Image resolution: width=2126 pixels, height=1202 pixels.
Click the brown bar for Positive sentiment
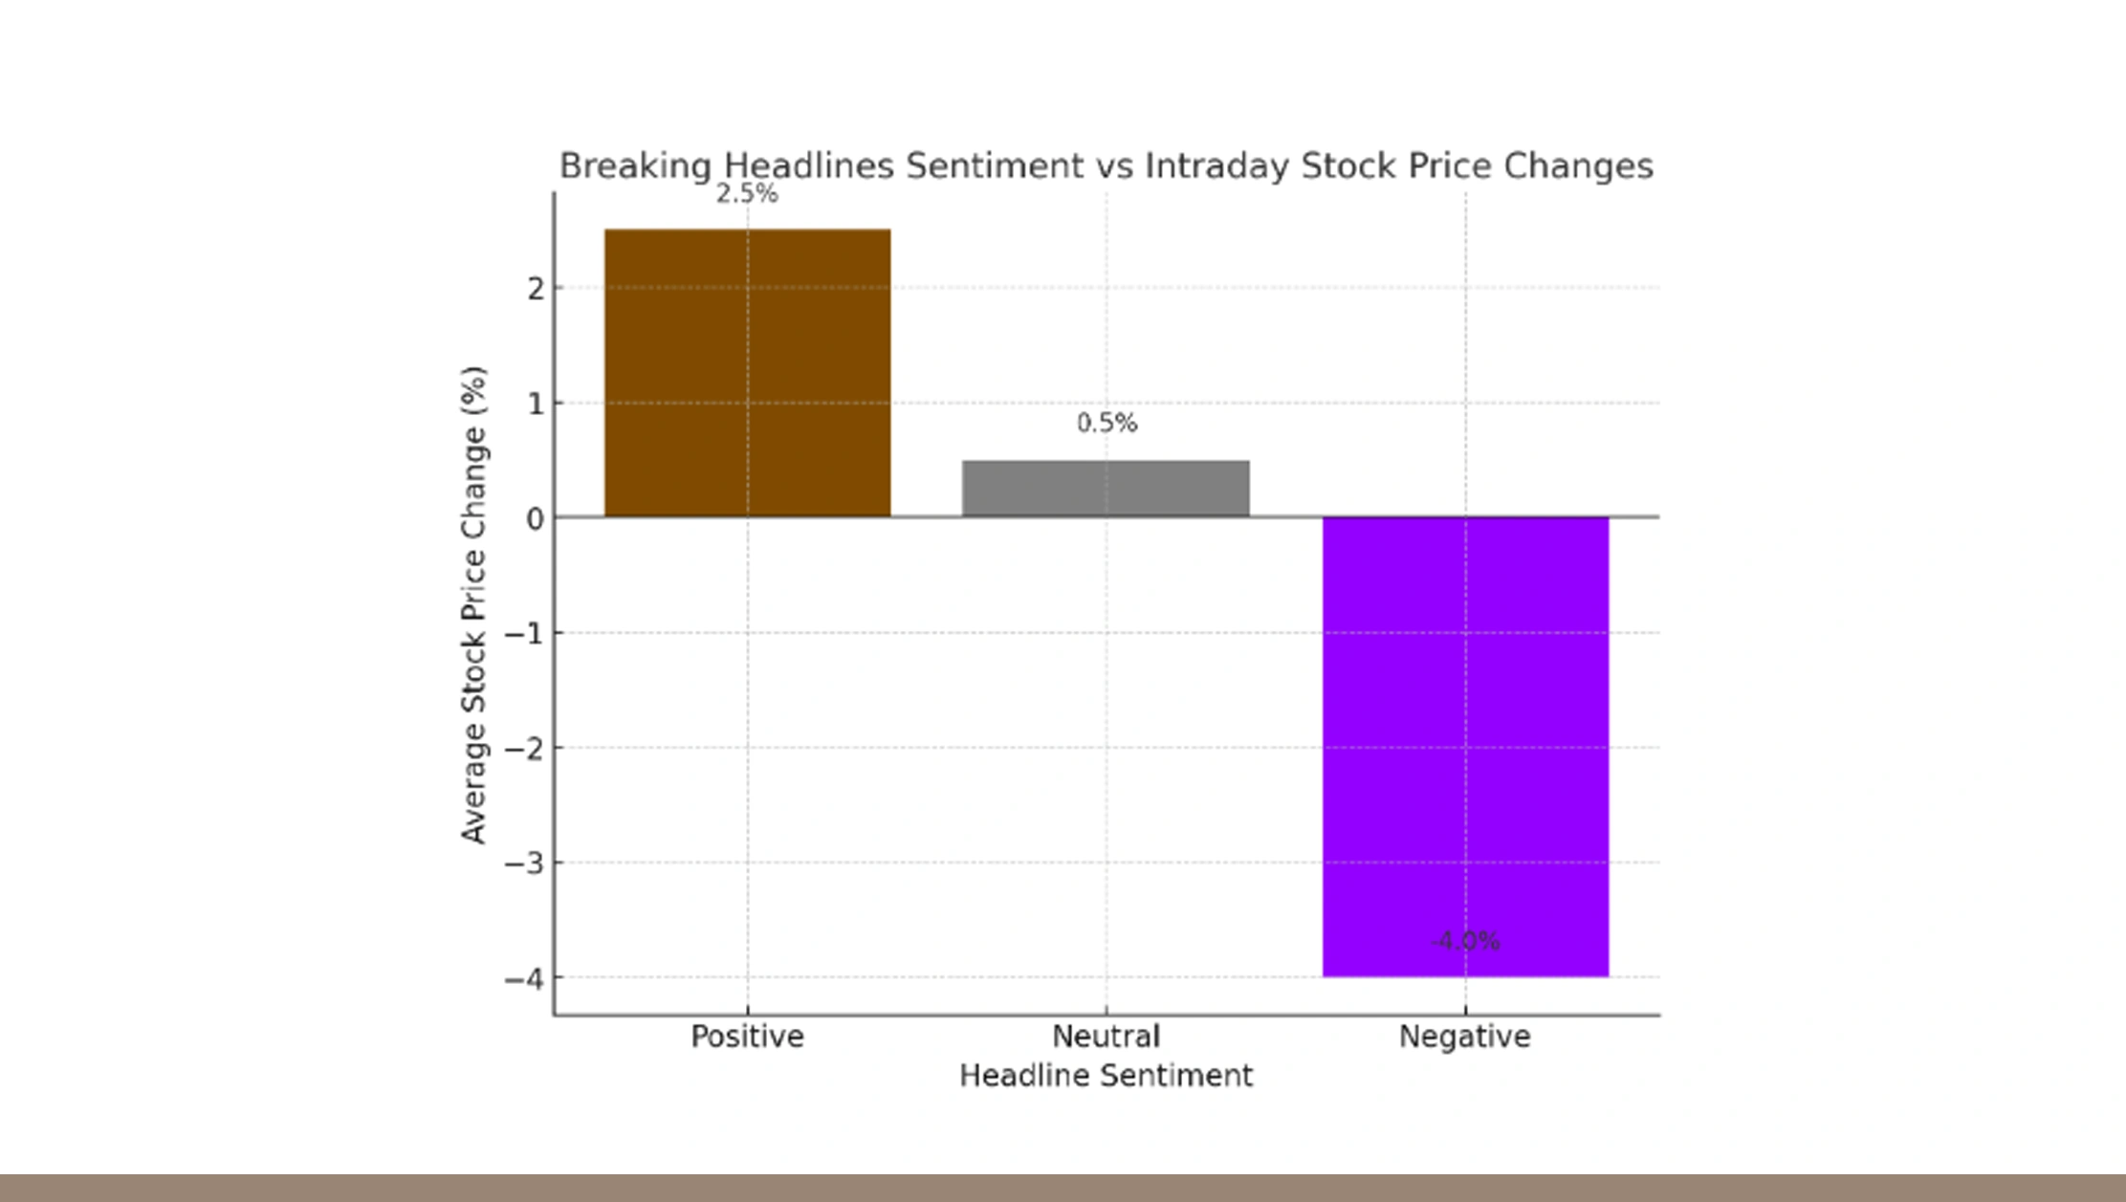[x=747, y=373]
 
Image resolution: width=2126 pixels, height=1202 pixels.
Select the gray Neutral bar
[x=1106, y=489]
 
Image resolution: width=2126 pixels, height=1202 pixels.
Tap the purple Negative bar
[x=1465, y=746]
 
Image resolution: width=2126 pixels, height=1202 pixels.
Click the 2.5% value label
[x=747, y=194]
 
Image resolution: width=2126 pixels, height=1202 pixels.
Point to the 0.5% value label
[x=1107, y=423]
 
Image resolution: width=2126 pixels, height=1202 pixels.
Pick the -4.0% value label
[x=1465, y=941]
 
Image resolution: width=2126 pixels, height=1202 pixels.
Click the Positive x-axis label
[x=747, y=1037]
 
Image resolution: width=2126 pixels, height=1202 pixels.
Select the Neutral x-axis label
[x=1106, y=1037]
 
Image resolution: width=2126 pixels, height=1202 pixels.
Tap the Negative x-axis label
[x=1464, y=1037]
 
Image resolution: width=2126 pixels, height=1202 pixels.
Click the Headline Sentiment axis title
[x=1106, y=1076]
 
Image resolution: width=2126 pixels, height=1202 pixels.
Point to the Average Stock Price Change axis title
[x=474, y=604]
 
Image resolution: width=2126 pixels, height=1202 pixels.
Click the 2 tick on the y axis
[x=536, y=288]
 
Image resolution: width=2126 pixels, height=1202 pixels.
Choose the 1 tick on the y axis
[x=536, y=404]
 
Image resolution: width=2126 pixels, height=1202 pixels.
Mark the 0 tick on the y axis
[x=536, y=518]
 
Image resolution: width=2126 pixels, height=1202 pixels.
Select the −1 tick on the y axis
[x=524, y=633]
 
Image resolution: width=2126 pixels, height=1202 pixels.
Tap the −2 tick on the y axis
[x=524, y=748]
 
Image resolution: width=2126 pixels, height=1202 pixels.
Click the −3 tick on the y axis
[x=524, y=863]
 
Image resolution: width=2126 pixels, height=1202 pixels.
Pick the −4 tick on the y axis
[x=524, y=978]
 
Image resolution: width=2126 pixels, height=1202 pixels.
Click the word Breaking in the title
[x=634, y=166]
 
